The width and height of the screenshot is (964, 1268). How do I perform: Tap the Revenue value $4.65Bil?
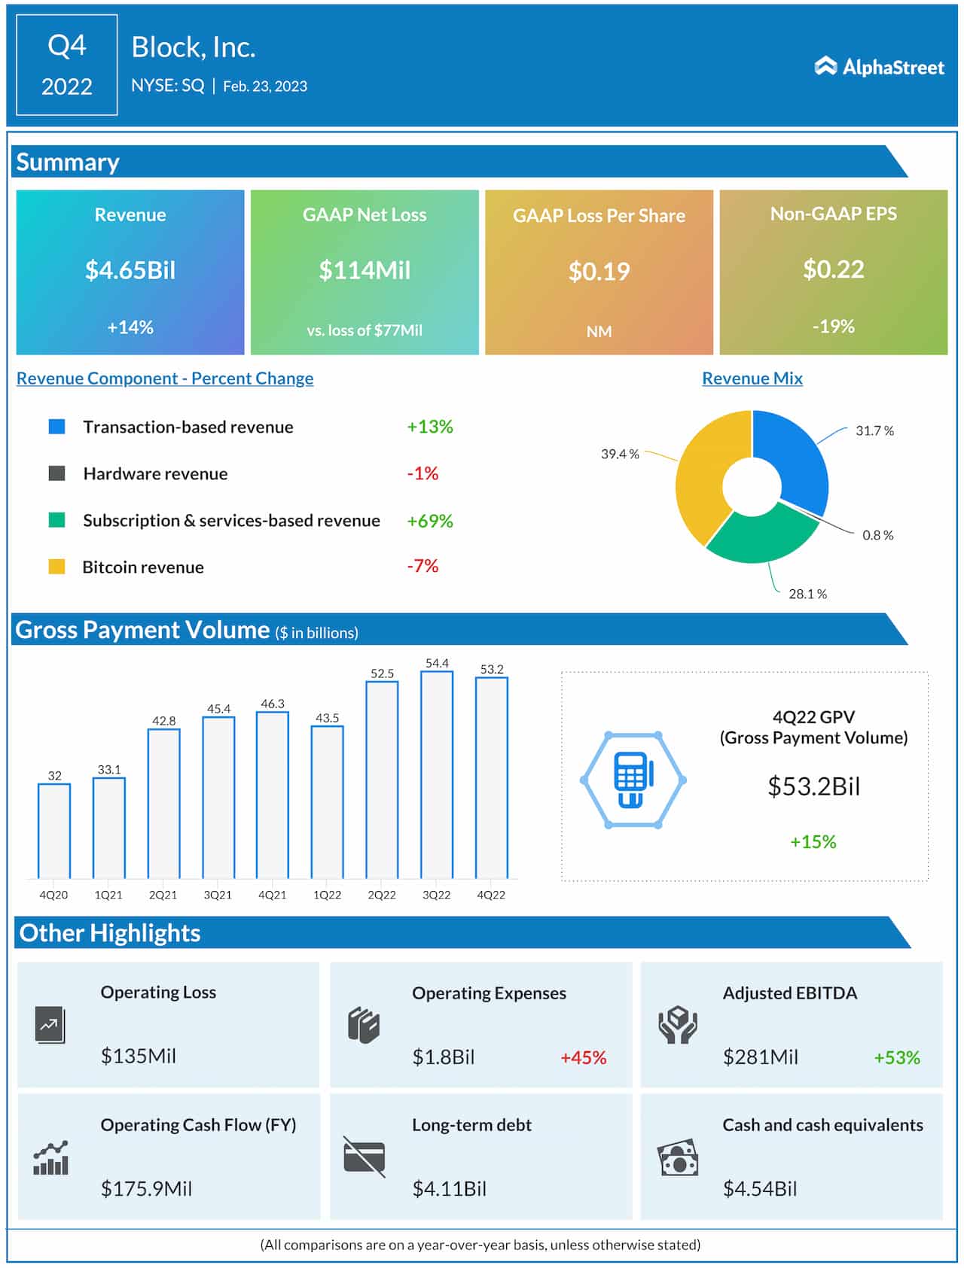point(130,270)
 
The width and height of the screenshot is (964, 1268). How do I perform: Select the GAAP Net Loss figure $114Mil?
point(365,270)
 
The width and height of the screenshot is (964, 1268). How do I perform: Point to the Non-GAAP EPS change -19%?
point(833,327)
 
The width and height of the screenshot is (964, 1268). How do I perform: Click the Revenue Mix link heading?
point(752,379)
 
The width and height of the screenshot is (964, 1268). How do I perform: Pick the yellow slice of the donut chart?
point(700,474)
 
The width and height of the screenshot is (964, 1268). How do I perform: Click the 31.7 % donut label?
point(874,431)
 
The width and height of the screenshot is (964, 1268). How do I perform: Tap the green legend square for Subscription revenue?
point(56,520)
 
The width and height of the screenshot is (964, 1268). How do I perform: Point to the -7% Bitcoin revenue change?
point(423,566)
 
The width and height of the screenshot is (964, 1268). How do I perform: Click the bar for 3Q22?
point(437,775)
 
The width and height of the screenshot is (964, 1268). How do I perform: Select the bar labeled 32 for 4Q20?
point(54,831)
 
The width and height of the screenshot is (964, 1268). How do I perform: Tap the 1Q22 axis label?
point(327,895)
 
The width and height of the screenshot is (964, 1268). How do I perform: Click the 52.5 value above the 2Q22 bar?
point(382,674)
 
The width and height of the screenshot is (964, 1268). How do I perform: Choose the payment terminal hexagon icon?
point(633,780)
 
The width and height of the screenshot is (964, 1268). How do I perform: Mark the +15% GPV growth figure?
point(813,842)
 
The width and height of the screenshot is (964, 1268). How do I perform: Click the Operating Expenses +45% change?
point(583,1057)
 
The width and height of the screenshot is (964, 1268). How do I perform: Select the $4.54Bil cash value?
point(759,1189)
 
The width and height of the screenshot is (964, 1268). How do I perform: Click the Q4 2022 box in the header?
point(67,65)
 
